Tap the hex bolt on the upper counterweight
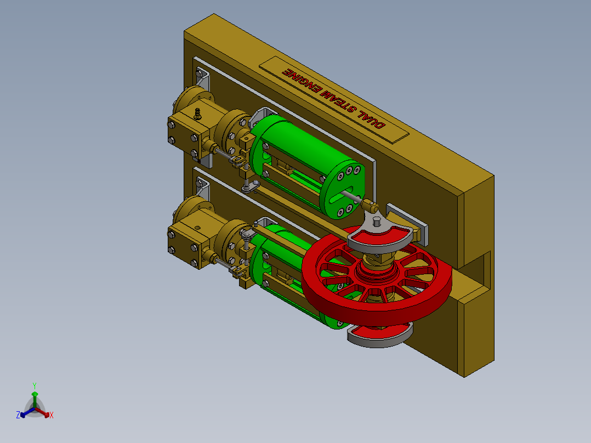click(x=377, y=222)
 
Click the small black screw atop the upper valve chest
click(x=198, y=114)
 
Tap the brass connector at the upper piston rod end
click(x=371, y=207)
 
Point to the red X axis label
click(x=52, y=415)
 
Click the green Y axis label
click(x=34, y=385)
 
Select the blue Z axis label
click(x=18, y=415)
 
